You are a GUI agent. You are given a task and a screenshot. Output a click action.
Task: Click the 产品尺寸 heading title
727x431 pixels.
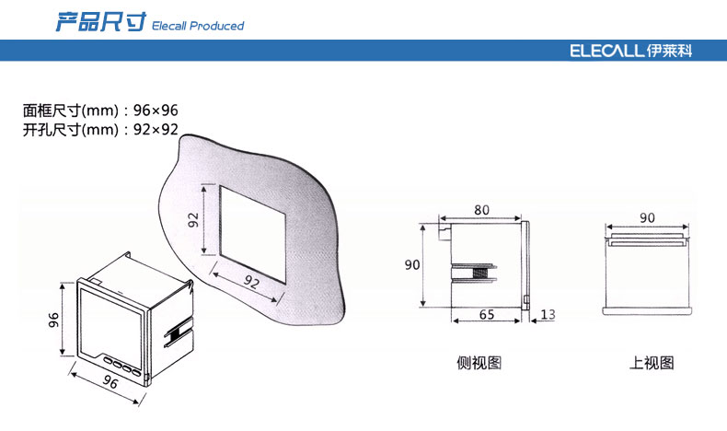tap(100, 22)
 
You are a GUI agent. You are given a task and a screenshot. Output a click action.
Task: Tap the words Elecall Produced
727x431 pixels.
tap(198, 26)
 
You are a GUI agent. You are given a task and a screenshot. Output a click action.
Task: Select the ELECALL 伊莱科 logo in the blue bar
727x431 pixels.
tap(631, 51)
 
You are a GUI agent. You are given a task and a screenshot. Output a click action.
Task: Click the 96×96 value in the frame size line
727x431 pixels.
tap(156, 111)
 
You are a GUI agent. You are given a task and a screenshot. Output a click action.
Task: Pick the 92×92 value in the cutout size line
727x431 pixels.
tap(156, 130)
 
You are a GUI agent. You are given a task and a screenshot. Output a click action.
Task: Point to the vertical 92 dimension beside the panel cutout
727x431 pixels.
tap(193, 219)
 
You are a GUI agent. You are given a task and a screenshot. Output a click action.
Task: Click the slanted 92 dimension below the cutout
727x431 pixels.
tap(252, 281)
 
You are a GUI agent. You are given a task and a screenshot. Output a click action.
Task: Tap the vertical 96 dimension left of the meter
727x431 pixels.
tap(53, 320)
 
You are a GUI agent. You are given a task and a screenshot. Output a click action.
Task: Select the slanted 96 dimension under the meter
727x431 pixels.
tap(110, 381)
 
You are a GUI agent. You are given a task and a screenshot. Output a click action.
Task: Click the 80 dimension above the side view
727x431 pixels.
tap(481, 210)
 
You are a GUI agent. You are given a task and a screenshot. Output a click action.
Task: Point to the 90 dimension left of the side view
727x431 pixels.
tap(412, 265)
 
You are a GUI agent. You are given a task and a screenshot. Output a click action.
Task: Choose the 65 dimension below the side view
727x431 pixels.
tap(487, 315)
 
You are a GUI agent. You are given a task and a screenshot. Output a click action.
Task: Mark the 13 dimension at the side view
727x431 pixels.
tap(548, 315)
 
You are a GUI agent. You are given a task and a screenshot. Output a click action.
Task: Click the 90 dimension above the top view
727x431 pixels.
tap(647, 217)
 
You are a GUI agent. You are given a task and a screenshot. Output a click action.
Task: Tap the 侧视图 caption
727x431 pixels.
tap(479, 362)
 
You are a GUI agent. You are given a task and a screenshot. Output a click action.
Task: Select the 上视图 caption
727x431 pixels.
tap(652, 362)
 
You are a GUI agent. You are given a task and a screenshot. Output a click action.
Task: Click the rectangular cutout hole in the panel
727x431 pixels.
tap(253, 234)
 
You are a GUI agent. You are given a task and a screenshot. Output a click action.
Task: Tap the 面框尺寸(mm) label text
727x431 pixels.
tap(71, 111)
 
